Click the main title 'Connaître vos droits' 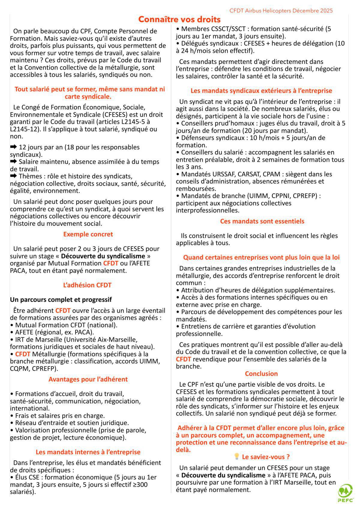(179, 19)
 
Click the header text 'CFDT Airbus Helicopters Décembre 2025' (281, 11)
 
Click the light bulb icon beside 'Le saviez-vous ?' (236, 457)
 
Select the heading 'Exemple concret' (88, 234)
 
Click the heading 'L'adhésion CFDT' (87, 285)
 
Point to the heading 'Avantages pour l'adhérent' (88, 379)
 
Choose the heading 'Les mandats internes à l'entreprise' (88, 452)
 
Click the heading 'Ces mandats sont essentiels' (262, 221)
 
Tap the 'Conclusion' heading (261, 374)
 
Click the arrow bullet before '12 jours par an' (14, 147)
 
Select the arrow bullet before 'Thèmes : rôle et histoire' (14, 176)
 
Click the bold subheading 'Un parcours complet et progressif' (61, 300)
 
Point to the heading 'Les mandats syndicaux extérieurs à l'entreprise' (261, 91)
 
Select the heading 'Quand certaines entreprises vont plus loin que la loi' (261, 257)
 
